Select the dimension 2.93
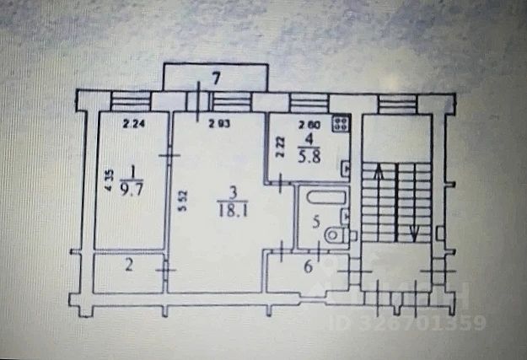click(x=220, y=126)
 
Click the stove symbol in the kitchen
click(x=341, y=125)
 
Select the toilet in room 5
click(x=337, y=234)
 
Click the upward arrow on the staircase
click(x=377, y=173)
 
